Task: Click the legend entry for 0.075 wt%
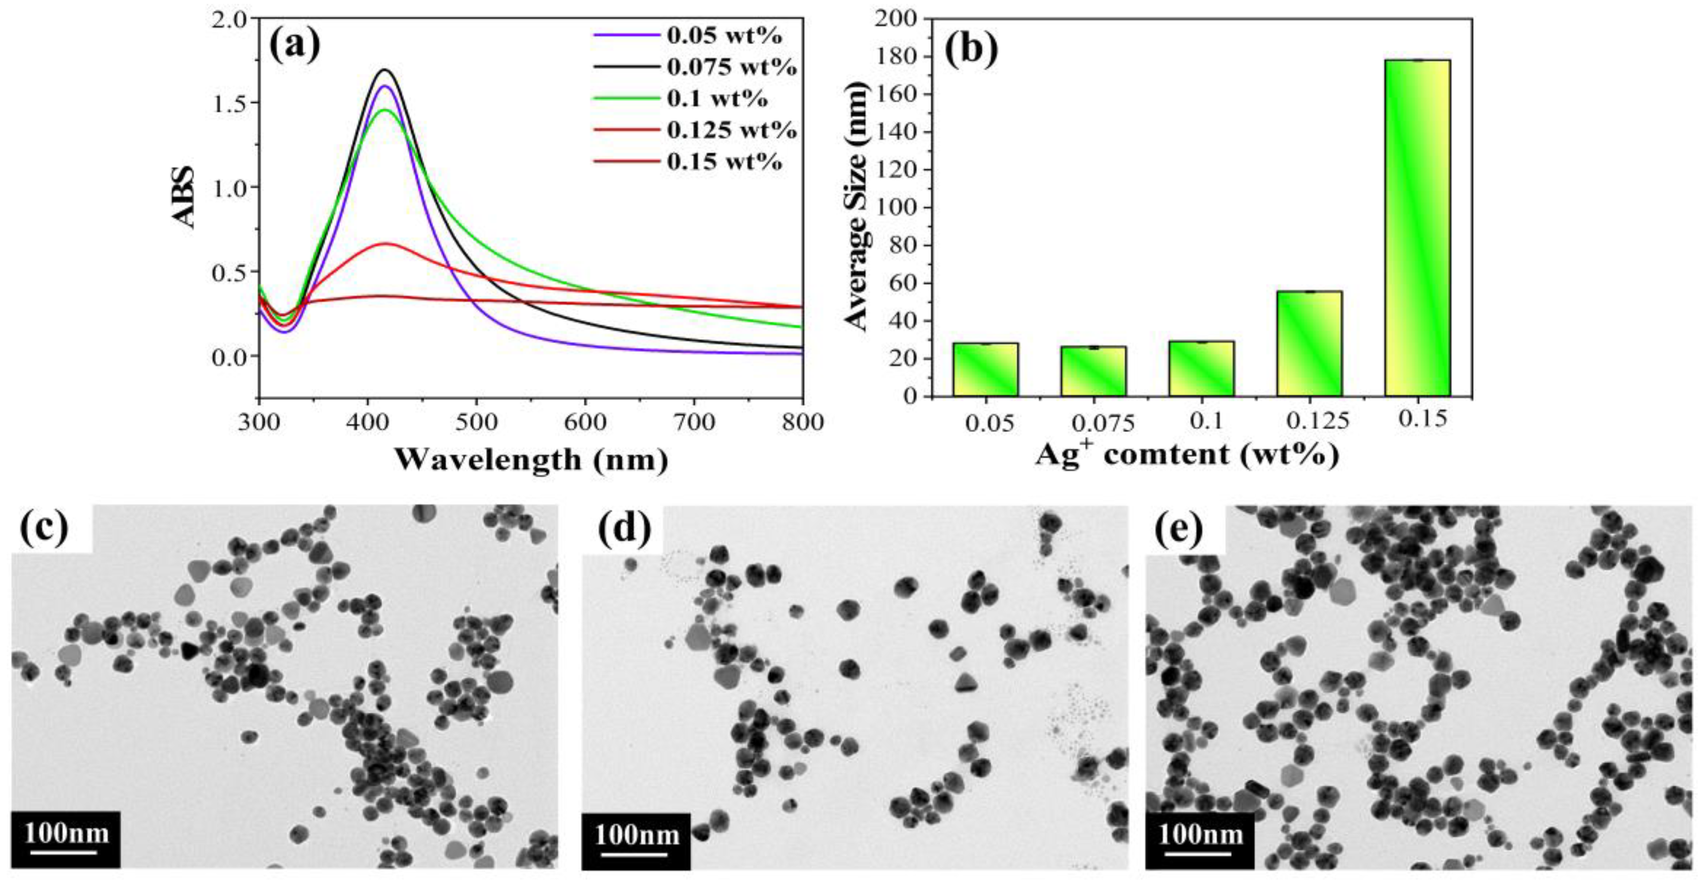tap(731, 67)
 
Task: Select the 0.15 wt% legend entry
tap(724, 162)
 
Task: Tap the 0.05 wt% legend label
tap(724, 35)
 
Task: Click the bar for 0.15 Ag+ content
tap(1417, 228)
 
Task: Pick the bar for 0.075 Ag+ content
tap(1094, 371)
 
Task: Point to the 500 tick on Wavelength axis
tap(476, 421)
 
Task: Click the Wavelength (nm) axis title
tap(531, 459)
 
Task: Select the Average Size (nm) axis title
tap(856, 206)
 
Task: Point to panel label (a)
tap(295, 45)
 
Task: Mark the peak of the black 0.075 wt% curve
tap(385, 69)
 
